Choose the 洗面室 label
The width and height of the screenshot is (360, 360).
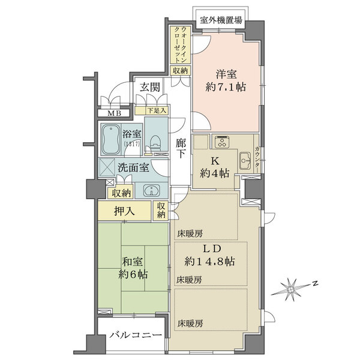133,169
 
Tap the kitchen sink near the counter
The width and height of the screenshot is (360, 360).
245,159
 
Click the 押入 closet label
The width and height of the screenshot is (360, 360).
124,211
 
